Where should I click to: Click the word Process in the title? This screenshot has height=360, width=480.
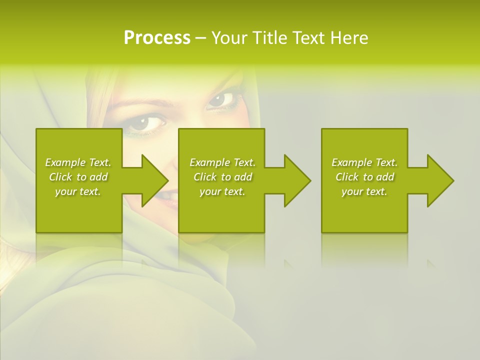[x=157, y=38]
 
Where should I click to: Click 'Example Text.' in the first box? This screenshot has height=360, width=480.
[x=78, y=162]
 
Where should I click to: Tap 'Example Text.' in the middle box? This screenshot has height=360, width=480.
[x=222, y=162]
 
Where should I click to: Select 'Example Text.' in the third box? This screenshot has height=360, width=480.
[x=364, y=162]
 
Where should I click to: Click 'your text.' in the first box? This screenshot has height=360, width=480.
[x=78, y=191]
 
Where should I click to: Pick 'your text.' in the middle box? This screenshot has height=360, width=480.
[x=222, y=191]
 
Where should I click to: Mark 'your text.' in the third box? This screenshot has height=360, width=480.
[x=364, y=191]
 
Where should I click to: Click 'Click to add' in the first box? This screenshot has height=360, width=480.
[x=78, y=177]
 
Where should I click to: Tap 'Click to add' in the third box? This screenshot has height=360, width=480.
[x=364, y=177]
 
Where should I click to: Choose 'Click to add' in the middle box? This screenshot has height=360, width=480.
[x=222, y=177]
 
